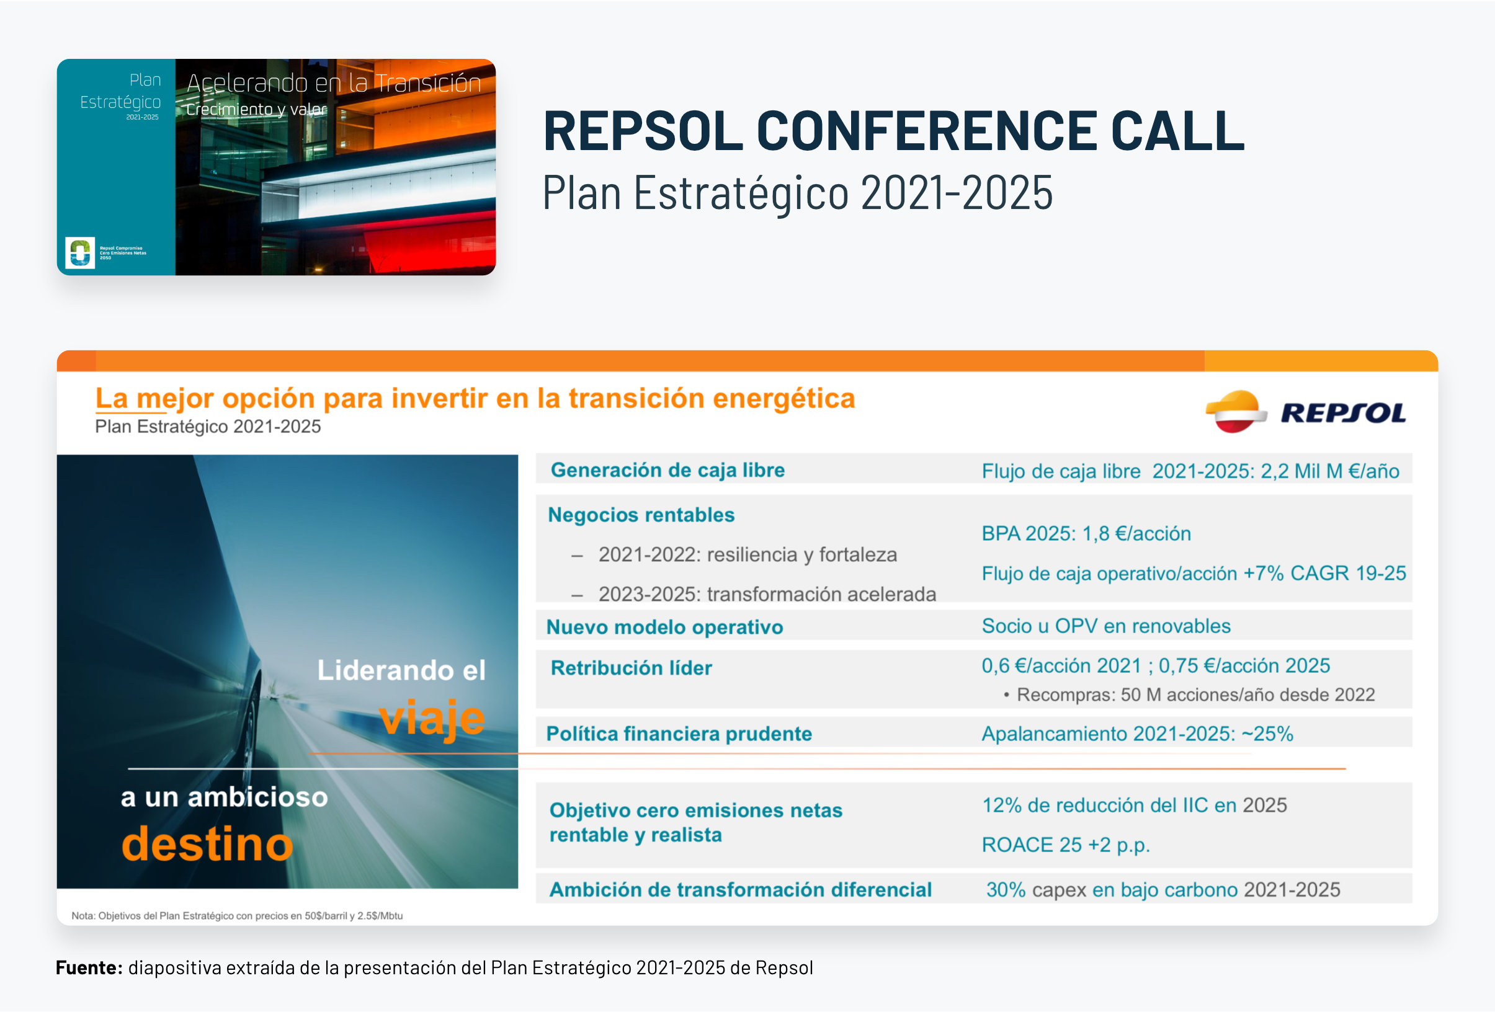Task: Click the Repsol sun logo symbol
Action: tap(1236, 412)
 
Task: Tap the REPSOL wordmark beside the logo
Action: tap(1343, 413)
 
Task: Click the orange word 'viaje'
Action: tap(432, 719)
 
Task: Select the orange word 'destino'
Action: tap(207, 843)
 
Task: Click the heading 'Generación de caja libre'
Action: tap(667, 470)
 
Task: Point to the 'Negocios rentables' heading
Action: tap(641, 515)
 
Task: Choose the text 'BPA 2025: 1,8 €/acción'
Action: tap(1086, 534)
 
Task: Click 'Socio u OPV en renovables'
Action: tap(1106, 626)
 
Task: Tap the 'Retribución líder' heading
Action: tap(631, 668)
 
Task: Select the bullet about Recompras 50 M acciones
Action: tap(1189, 695)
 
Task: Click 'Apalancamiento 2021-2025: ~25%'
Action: tap(1137, 734)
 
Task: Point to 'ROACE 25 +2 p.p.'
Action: tap(1066, 845)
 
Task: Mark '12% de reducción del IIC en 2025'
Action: tap(1134, 805)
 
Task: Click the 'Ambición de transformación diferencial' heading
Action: tap(741, 890)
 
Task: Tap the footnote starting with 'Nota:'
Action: tap(237, 915)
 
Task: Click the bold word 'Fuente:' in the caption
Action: tap(89, 967)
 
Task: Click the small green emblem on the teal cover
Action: tap(80, 252)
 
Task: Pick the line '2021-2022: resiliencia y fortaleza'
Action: tap(747, 555)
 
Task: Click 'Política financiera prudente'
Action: tap(679, 734)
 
